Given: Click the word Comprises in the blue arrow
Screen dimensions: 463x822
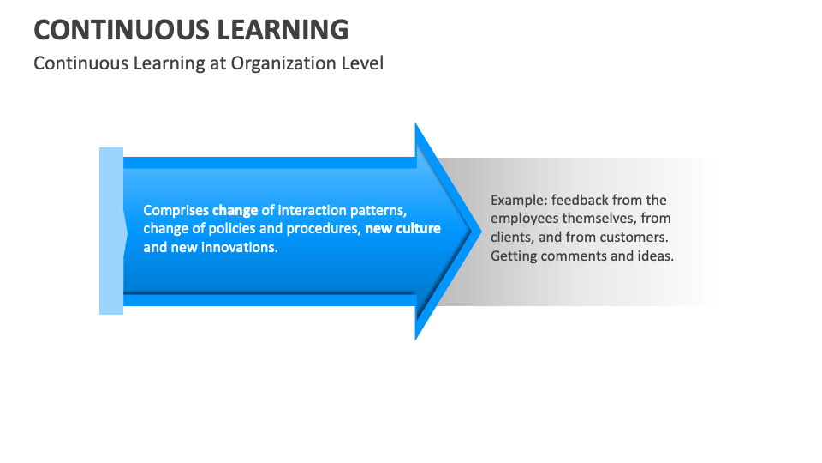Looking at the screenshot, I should click(x=176, y=210).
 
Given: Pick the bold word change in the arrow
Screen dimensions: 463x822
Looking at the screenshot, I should click(x=235, y=210).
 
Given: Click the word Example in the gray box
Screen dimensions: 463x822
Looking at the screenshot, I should click(x=516, y=200).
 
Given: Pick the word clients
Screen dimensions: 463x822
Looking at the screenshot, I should click(x=512, y=238).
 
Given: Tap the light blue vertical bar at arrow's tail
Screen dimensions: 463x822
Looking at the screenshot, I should click(x=111, y=231).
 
